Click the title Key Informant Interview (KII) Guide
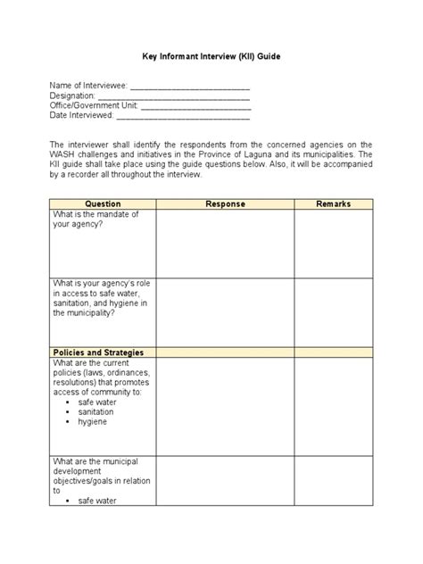(x=211, y=55)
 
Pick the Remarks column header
(x=333, y=204)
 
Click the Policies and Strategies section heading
(x=98, y=352)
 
